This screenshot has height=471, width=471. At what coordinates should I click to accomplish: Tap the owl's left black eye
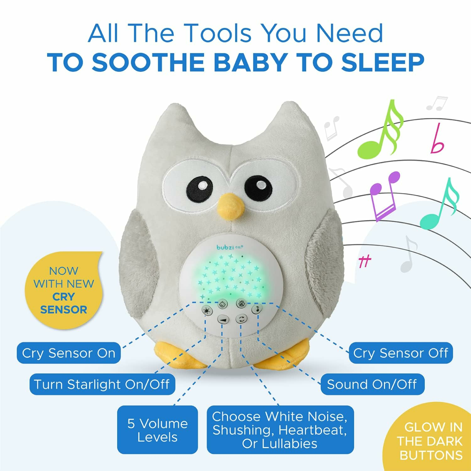click(200, 189)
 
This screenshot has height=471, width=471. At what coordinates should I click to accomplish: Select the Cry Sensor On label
click(69, 353)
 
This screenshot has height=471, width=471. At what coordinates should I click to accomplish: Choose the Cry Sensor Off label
click(401, 353)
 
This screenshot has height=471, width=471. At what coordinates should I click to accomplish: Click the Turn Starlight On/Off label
click(102, 384)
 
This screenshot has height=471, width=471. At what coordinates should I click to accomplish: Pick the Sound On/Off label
click(372, 384)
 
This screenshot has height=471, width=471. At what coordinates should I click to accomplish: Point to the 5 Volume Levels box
click(157, 430)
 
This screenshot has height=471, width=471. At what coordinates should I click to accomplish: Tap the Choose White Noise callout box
click(280, 430)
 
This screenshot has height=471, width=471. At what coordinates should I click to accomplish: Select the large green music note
click(381, 134)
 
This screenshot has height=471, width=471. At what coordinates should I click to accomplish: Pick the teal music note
click(440, 206)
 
